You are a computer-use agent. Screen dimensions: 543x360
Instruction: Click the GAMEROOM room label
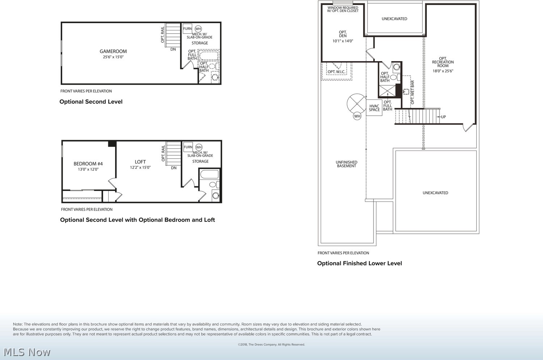point(113,51)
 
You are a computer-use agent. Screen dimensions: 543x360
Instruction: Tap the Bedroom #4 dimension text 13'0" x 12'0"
point(88,169)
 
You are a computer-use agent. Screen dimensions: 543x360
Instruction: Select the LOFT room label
point(140,162)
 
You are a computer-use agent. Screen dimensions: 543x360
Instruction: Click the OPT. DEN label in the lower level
point(343,34)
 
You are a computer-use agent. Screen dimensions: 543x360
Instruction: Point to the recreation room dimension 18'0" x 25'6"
point(443,71)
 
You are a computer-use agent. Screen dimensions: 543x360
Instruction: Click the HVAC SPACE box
point(374,108)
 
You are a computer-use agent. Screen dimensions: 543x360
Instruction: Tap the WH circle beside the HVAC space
point(357,116)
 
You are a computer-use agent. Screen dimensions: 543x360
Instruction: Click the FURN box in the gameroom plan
point(188,29)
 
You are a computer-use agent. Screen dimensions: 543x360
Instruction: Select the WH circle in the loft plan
point(199,147)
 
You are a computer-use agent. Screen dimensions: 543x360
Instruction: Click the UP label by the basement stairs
point(443,117)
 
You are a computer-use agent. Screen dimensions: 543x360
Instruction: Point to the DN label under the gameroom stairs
point(173,50)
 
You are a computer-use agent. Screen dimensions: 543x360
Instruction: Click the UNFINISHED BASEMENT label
point(346,164)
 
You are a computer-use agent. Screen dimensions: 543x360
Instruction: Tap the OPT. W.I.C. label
point(336,72)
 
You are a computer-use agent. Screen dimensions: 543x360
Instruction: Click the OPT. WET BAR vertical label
point(413,92)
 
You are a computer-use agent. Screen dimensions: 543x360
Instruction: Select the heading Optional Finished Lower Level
point(359,263)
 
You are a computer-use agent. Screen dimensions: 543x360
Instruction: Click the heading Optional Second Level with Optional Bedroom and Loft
point(138,220)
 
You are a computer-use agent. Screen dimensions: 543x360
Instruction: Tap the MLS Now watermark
point(27,352)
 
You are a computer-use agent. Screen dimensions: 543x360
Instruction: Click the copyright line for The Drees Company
point(271,344)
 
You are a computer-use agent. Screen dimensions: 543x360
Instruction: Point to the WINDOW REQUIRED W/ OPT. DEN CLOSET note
point(343,9)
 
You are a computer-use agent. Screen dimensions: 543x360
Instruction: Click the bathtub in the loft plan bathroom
point(210,174)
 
